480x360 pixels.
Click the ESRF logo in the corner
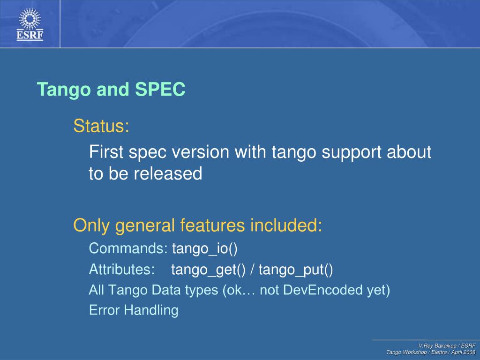[x=30, y=24]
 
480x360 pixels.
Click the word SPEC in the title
[x=160, y=89]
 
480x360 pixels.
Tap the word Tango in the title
[x=63, y=90]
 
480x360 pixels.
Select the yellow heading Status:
[x=101, y=126]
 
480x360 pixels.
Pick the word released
[x=168, y=173]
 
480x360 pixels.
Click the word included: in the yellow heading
[x=286, y=225]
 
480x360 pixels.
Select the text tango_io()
[x=205, y=248]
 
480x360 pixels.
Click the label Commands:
[x=128, y=248]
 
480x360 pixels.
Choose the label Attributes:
[x=122, y=270]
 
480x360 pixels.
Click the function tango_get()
[x=209, y=270]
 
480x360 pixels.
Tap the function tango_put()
[x=296, y=270]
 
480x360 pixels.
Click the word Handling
[x=151, y=310]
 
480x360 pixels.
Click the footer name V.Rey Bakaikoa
[x=437, y=345]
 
